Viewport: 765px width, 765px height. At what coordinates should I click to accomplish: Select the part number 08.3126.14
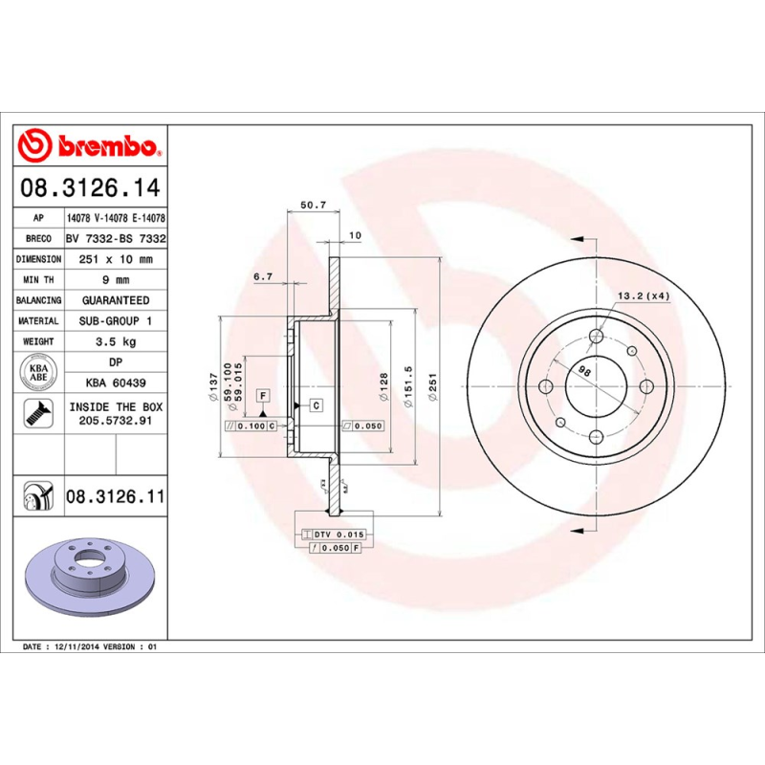tap(91, 187)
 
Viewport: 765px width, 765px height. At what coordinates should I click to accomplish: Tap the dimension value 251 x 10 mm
tap(115, 259)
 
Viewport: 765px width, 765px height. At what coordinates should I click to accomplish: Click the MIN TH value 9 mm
tap(115, 280)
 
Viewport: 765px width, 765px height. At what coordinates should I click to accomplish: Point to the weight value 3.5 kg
tap(115, 341)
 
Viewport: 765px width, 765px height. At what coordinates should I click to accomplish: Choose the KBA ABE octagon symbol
tap(39, 370)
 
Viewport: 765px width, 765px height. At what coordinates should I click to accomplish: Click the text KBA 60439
tap(115, 382)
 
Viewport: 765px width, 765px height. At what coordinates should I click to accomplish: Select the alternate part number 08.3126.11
tap(115, 496)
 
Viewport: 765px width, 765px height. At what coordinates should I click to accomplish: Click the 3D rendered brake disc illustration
tap(91, 574)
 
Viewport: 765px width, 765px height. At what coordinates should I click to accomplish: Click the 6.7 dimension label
tap(264, 277)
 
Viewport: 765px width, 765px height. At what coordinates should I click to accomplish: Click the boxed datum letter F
tap(261, 395)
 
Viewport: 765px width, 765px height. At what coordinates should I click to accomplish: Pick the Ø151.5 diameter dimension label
tap(408, 388)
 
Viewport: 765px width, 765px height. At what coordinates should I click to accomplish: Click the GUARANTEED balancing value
tap(115, 300)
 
